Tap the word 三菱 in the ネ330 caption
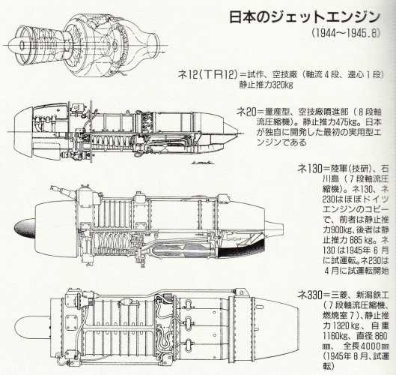coord(328,287)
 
